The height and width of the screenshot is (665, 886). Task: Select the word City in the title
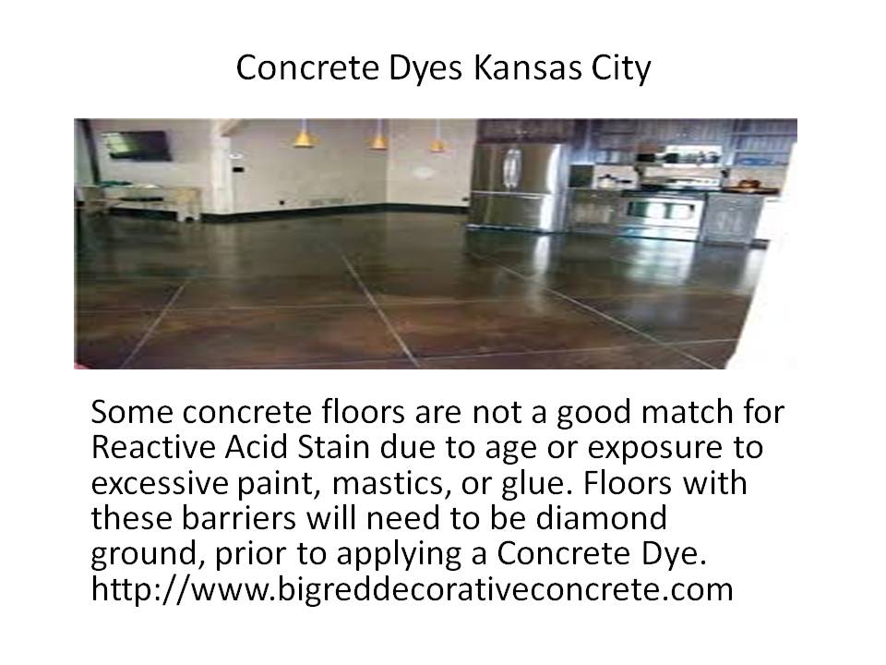pos(621,69)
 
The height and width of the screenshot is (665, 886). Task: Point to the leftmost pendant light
pos(304,135)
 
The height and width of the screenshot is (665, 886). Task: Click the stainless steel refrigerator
pos(515,187)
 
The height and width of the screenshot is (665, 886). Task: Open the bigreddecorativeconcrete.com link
pos(412,589)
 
